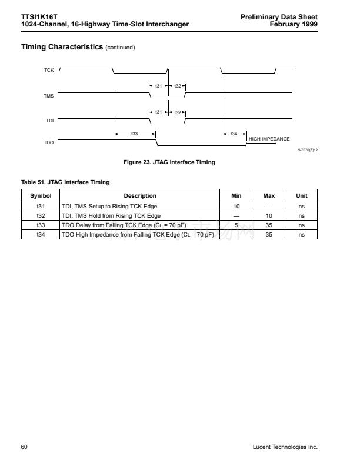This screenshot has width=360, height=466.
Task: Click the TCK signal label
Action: point(49,71)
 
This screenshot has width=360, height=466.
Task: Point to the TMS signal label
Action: point(49,95)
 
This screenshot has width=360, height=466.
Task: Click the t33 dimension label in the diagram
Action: point(134,134)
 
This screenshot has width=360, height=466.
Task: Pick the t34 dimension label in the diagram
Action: point(234,134)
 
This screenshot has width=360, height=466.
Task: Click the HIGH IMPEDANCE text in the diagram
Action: point(269,138)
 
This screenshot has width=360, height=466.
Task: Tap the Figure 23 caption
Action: point(168,162)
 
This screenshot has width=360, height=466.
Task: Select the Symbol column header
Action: point(41,196)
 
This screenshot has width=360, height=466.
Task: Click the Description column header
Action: point(140,196)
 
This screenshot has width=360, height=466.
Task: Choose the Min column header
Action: point(236,196)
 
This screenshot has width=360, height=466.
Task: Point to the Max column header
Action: point(269,196)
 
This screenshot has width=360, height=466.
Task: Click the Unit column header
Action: point(301,196)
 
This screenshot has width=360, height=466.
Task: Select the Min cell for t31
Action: point(236,206)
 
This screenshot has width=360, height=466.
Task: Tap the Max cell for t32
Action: point(269,215)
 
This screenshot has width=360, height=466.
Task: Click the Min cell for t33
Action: point(236,225)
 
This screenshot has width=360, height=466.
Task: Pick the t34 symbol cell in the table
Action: point(41,234)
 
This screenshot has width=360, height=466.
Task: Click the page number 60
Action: point(24,447)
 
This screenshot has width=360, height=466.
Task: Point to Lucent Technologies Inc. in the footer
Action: point(285,447)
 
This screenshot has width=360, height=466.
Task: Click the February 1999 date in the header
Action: point(294,25)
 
